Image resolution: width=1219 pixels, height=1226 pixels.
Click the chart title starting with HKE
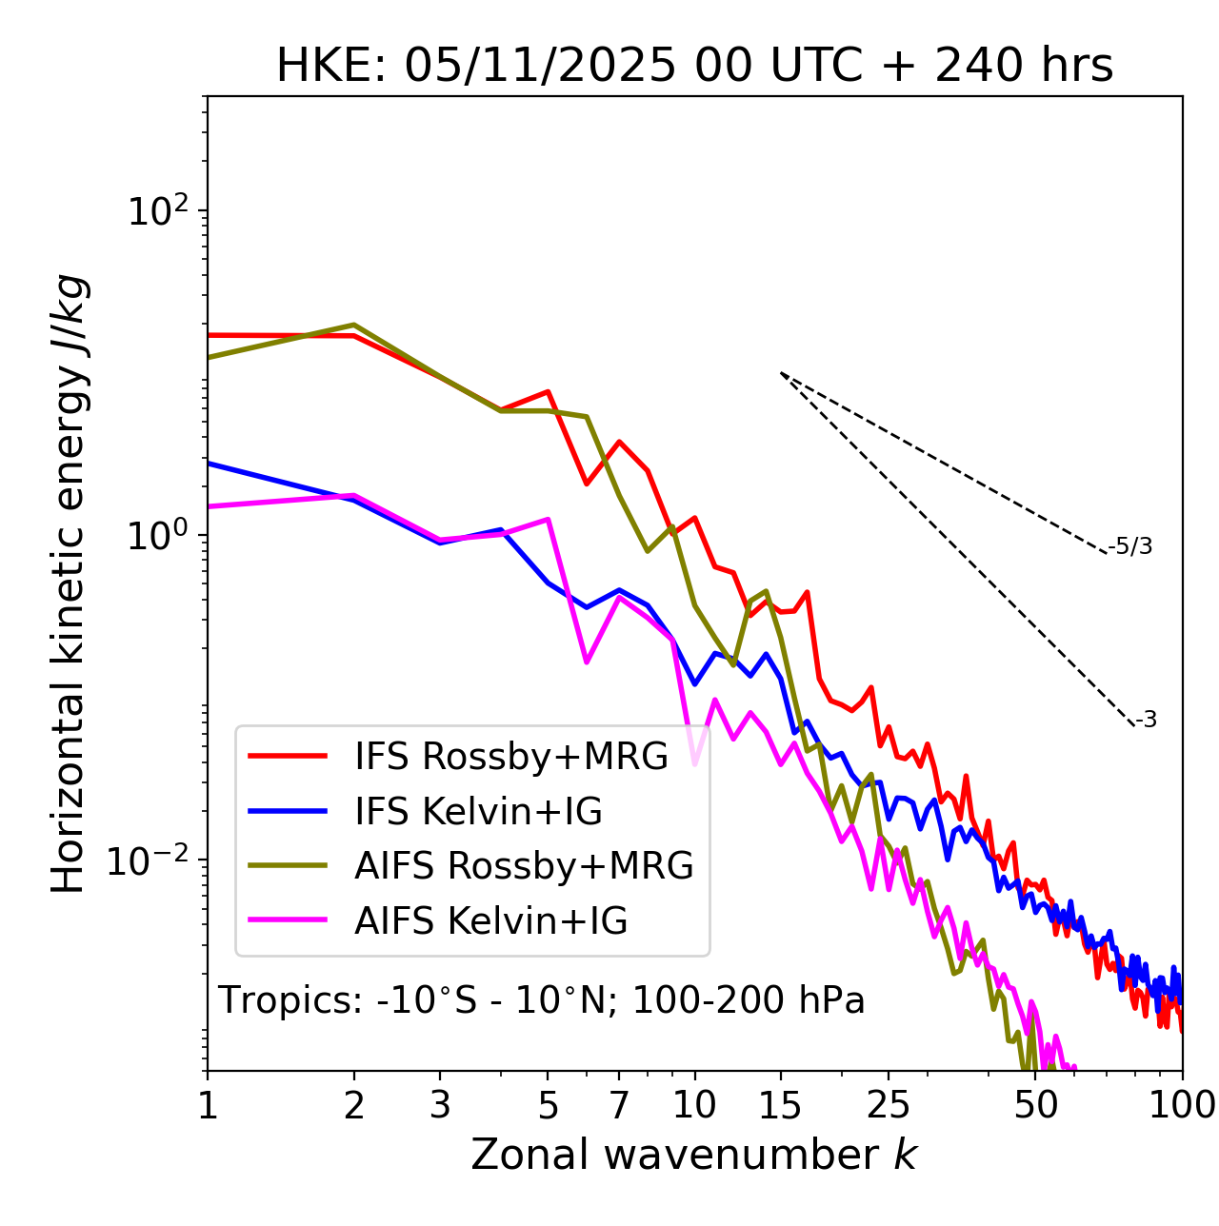694,67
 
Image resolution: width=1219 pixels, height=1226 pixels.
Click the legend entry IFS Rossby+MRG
511,756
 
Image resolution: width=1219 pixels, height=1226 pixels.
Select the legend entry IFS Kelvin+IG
478,811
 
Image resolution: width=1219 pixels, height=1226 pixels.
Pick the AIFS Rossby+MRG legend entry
524,866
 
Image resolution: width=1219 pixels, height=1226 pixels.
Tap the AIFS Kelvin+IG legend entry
490,921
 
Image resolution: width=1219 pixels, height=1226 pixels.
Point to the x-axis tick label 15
780,1105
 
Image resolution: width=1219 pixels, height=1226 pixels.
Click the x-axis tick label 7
619,1105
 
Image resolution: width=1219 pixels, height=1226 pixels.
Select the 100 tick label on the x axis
1182,1105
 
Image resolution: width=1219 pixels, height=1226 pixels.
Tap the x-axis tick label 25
889,1105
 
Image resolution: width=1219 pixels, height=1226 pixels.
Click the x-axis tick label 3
440,1105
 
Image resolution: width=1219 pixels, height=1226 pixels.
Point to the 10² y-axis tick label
158,210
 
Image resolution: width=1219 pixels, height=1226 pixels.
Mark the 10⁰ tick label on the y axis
158,536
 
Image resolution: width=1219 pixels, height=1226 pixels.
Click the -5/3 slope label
1130,546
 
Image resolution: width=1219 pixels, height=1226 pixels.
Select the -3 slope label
1146,721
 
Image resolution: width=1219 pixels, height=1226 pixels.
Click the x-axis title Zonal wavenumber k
694,1155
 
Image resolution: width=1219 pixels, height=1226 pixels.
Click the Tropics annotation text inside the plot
542,1001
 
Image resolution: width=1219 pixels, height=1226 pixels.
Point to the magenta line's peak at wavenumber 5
548,519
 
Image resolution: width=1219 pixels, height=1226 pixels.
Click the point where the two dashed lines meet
781,373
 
